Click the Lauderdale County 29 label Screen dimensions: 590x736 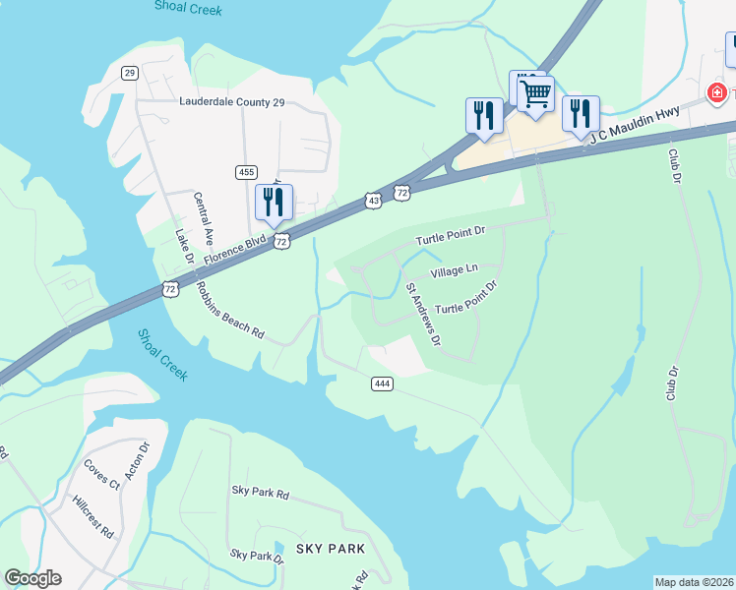point(231,101)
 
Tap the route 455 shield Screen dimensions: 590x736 point(247,172)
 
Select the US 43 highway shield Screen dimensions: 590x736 point(372,201)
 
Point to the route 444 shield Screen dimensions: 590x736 point(383,383)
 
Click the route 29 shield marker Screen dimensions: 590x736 point(129,73)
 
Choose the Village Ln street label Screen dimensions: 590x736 point(454,269)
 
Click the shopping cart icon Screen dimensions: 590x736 point(535,95)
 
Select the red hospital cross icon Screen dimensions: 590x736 point(717,93)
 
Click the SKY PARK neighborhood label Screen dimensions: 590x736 point(331,549)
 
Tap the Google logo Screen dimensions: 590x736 point(32,578)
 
